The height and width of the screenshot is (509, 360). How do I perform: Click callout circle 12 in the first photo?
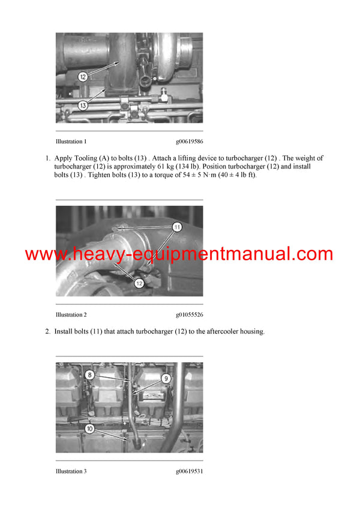[83, 77]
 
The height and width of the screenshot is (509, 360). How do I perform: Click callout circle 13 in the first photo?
[83, 105]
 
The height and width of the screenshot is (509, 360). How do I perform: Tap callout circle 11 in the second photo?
[177, 227]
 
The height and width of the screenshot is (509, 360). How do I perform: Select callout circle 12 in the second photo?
[139, 283]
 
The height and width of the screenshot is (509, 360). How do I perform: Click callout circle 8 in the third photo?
[89, 375]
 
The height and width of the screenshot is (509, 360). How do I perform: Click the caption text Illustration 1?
[71, 142]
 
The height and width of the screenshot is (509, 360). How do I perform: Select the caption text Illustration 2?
[71, 315]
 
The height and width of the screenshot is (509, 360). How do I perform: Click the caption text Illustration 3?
[71, 472]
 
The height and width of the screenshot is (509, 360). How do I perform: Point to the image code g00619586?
[189, 142]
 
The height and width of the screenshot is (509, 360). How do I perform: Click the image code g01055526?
[189, 315]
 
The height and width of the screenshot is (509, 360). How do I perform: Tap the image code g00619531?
[189, 472]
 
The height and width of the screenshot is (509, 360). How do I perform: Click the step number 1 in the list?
[47, 158]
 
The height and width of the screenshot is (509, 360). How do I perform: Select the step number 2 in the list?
[47, 332]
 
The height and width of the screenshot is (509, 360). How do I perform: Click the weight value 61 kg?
[150, 167]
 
